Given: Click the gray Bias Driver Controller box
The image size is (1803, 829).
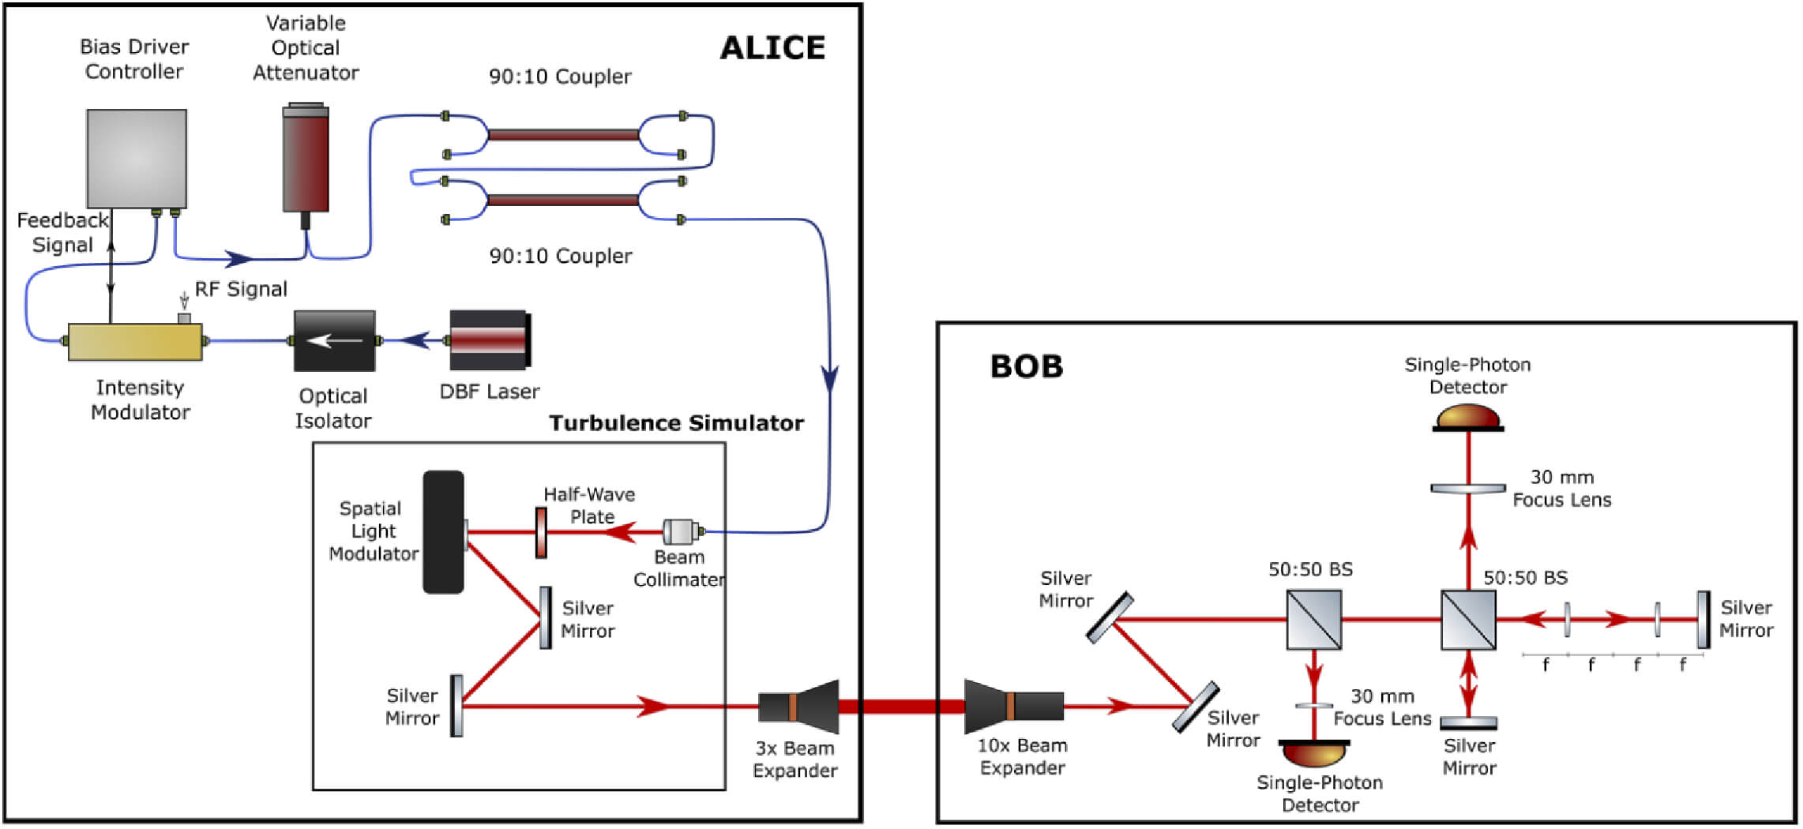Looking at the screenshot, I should (137, 159).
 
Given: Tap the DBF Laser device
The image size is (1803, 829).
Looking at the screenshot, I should (490, 340).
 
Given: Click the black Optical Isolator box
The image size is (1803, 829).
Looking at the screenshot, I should (334, 341).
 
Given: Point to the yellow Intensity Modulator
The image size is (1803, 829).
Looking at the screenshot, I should (135, 342).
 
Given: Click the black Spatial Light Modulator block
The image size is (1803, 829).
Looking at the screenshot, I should (443, 532).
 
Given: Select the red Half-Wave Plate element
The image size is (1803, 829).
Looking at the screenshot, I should (541, 532).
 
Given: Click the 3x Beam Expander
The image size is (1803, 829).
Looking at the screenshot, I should (798, 706).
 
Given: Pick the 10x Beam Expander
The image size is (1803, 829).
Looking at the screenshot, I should (1013, 706).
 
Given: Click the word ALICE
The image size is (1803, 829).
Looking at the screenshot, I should (772, 48).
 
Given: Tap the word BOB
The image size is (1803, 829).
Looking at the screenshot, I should (1026, 367).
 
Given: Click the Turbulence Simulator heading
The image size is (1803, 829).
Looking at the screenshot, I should (676, 423).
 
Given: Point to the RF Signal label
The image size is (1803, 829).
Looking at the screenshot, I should (241, 290).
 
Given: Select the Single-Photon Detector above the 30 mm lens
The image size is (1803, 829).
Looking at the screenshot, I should (1467, 418).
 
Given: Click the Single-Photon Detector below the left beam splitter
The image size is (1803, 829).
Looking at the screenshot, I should (1314, 753).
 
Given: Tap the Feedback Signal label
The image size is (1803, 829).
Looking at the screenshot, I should (62, 232).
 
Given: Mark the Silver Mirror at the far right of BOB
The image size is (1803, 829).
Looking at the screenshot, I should (1703, 620).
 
